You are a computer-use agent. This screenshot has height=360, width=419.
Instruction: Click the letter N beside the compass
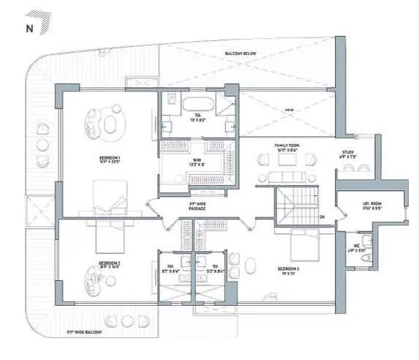pos(29,29)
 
